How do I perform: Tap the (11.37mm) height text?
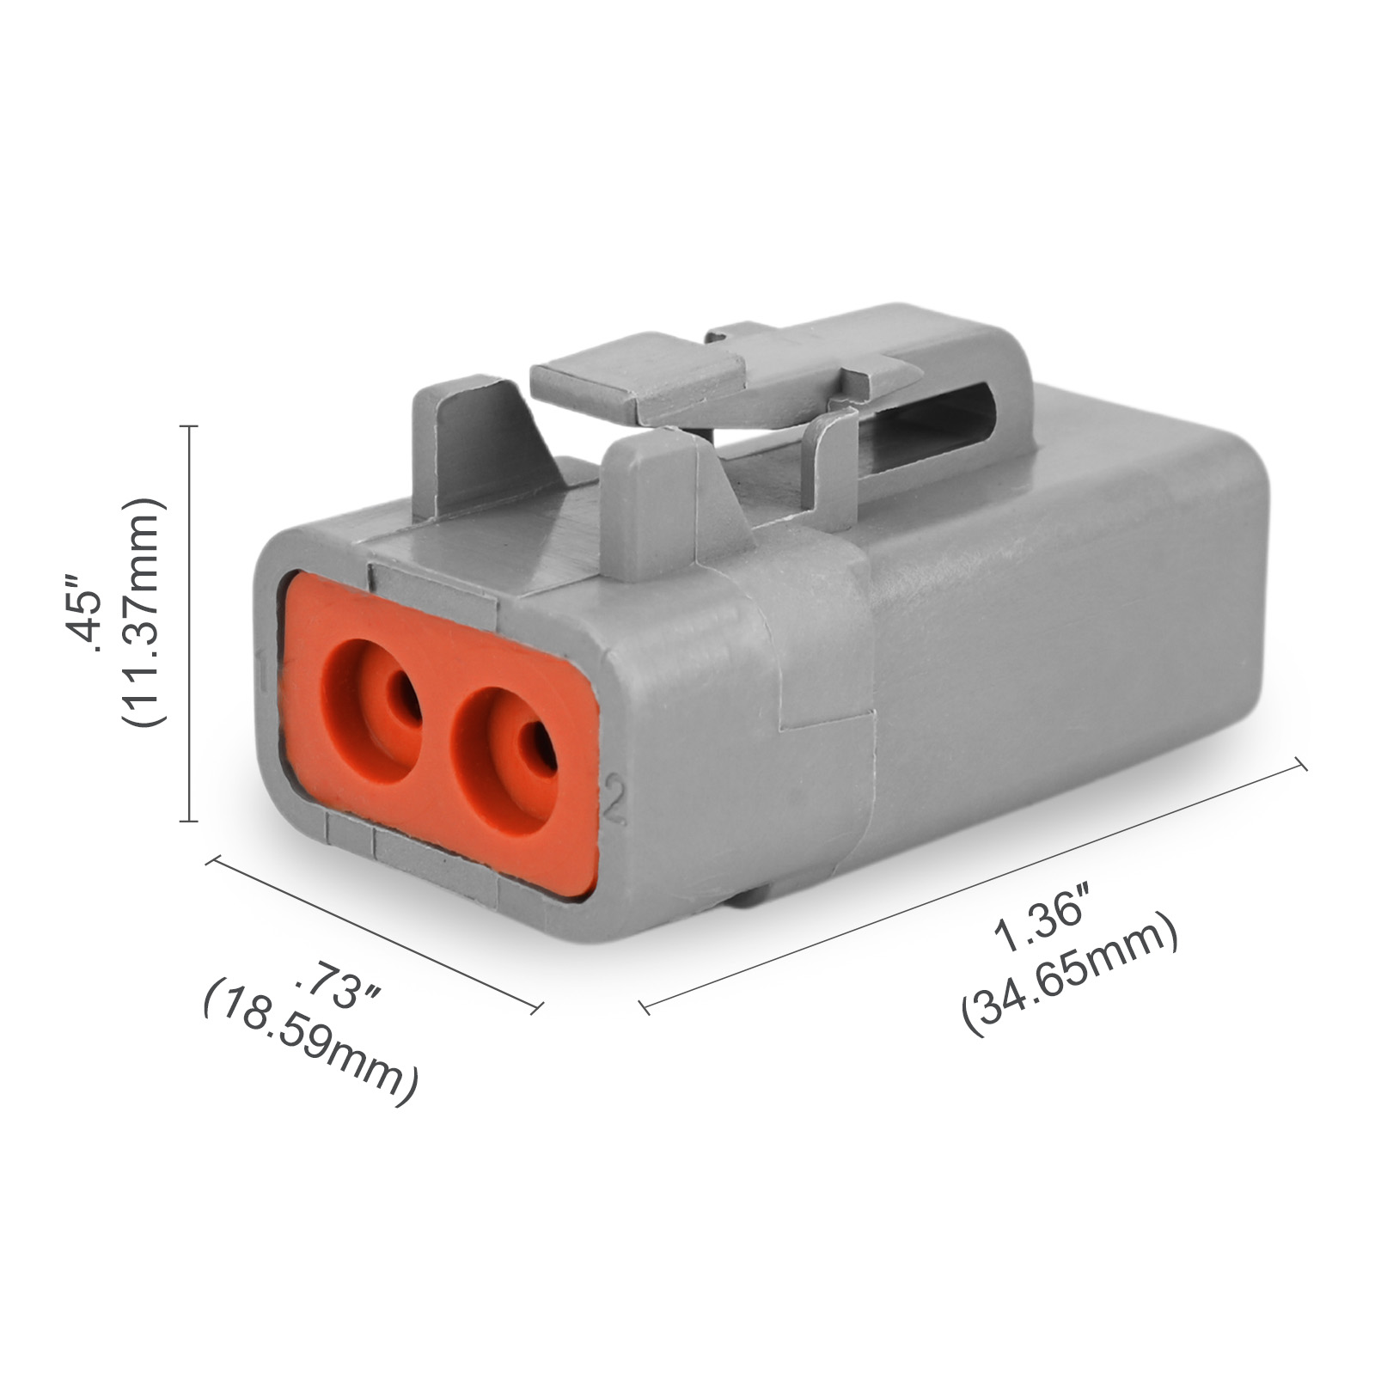click(141, 612)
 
